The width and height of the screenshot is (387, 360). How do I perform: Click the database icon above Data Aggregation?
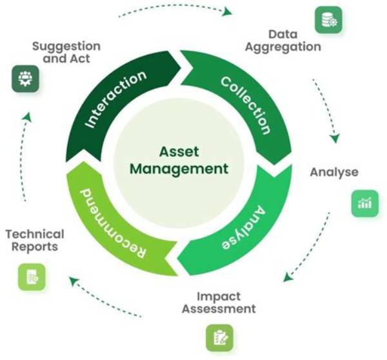pyautogui.click(x=328, y=20)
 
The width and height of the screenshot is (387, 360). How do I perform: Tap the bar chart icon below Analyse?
pyautogui.click(x=365, y=203)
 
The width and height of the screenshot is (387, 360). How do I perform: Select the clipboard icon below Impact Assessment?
pyautogui.click(x=219, y=338)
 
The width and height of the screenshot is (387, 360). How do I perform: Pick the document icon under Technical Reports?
pyautogui.click(x=32, y=277)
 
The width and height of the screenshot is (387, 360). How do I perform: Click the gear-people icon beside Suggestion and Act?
pyautogui.click(x=25, y=79)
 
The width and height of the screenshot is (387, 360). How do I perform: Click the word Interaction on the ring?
pyautogui.click(x=115, y=99)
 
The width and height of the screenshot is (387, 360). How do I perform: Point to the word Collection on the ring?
pyautogui.click(x=246, y=105)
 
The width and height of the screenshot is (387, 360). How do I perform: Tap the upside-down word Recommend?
pyautogui.click(x=113, y=223)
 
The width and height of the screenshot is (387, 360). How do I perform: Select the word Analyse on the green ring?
pyautogui.click(x=243, y=227)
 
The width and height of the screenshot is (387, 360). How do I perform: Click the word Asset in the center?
pyautogui.click(x=179, y=152)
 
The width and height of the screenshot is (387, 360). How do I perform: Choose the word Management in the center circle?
pyautogui.click(x=179, y=170)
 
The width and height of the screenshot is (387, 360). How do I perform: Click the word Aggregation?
pyautogui.click(x=283, y=47)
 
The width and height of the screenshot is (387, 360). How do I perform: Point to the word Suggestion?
pyautogui.click(x=66, y=46)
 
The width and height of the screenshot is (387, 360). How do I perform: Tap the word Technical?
pyautogui.click(x=35, y=234)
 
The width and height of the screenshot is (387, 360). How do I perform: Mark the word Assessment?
pyautogui.click(x=219, y=308)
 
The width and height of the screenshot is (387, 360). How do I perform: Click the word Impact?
pyautogui.click(x=219, y=297)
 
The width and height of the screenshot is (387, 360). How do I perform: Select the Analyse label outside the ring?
pyautogui.click(x=334, y=172)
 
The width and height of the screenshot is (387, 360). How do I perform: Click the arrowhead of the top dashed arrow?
pyautogui.click(x=227, y=12)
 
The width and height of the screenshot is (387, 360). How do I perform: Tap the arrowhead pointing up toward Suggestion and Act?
pyautogui.click(x=27, y=117)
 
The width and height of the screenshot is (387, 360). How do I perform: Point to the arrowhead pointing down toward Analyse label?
pyautogui.click(x=335, y=139)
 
